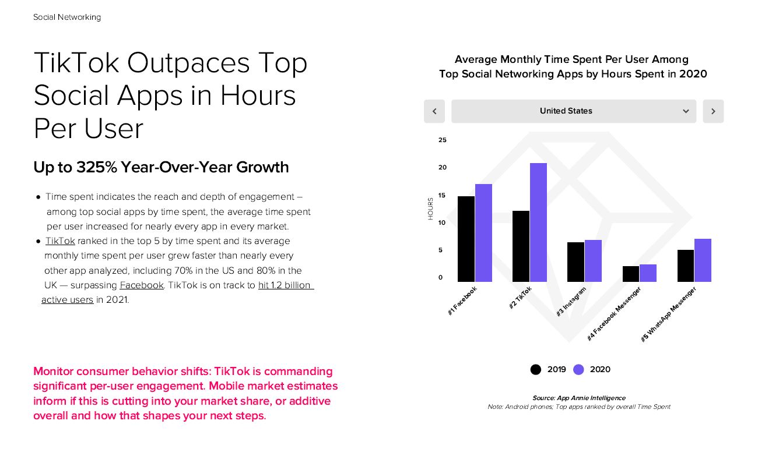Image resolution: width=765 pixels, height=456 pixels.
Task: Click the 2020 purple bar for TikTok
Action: (538, 222)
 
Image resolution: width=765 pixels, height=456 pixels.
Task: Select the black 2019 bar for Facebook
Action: (466, 239)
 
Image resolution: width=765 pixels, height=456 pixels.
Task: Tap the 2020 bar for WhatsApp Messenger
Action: (703, 260)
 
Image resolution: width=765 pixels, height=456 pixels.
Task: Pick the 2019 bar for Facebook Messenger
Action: (630, 274)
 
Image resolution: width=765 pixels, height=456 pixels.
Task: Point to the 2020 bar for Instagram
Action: (593, 261)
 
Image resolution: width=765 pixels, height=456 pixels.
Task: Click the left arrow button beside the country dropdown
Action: (434, 111)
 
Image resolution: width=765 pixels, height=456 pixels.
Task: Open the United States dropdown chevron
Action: (686, 111)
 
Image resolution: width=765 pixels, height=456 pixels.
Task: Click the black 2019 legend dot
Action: (535, 369)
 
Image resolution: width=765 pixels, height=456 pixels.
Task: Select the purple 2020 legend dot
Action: (578, 369)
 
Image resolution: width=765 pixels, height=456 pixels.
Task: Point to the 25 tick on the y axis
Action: (443, 140)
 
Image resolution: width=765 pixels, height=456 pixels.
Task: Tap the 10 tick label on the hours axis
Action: (443, 222)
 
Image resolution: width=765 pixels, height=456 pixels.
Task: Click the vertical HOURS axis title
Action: (431, 208)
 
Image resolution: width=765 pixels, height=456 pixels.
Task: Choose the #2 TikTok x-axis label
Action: (520, 298)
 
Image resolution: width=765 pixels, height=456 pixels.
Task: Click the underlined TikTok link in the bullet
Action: (60, 241)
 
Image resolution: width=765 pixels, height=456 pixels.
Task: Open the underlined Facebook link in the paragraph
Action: (142, 285)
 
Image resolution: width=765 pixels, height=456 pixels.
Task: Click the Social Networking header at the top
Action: (67, 17)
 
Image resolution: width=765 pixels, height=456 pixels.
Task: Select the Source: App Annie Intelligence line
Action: (578, 398)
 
